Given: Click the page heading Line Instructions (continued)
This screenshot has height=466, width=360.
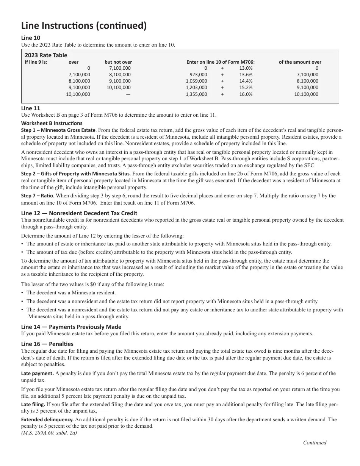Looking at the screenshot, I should [x=84, y=26].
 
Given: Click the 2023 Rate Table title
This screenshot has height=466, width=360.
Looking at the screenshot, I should [x=46, y=55].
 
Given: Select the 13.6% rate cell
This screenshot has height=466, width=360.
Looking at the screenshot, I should [x=246, y=75].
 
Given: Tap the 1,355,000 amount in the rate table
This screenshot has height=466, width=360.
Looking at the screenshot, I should [x=196, y=94].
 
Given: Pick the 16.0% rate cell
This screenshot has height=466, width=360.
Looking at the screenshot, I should [x=246, y=94].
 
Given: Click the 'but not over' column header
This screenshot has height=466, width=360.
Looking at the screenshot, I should [x=118, y=62].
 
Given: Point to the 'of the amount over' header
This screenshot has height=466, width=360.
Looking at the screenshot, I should [x=300, y=62].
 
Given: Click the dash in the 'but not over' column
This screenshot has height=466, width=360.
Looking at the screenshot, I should [x=128, y=94].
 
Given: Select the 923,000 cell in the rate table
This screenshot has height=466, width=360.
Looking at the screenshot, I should [x=198, y=75].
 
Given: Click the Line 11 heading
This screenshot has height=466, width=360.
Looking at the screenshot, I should [x=31, y=108].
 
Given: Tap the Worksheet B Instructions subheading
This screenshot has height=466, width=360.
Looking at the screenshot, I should [x=52, y=123].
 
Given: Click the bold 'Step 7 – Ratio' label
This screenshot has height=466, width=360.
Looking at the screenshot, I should [x=38, y=196].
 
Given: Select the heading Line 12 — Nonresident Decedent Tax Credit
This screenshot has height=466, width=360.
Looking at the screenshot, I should [x=79, y=213].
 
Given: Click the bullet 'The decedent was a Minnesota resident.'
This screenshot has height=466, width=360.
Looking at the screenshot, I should [x=71, y=292].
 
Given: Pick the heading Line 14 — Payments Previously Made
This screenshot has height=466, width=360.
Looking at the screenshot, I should [x=71, y=327].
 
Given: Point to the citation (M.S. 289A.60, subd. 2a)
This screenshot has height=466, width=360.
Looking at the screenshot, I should [x=49, y=432].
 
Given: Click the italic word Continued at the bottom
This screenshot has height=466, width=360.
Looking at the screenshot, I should [x=315, y=443].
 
